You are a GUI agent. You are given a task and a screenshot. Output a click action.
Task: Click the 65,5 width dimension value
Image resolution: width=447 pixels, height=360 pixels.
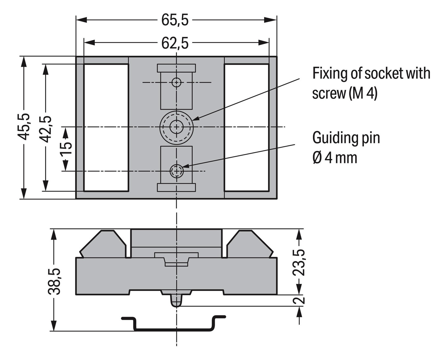click(175, 20)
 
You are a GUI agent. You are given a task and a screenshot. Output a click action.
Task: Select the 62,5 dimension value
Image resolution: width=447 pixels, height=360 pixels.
click(175, 43)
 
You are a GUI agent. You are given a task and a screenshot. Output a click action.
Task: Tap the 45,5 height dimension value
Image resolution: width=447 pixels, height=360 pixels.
click(24, 127)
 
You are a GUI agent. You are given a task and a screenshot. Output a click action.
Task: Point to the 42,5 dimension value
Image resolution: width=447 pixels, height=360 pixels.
click(46, 129)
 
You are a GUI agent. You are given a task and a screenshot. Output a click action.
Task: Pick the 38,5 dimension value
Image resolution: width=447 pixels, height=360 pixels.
click(55, 281)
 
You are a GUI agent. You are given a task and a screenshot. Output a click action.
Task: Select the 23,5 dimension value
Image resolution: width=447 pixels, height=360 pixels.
click(299, 262)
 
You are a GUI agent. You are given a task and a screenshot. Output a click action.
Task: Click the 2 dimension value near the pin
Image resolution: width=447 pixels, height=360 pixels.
click(299, 300)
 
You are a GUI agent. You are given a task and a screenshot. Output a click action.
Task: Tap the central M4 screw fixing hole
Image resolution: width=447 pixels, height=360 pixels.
click(176, 127)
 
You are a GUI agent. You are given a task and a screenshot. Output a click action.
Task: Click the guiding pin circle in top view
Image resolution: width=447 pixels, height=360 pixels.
click(176, 171)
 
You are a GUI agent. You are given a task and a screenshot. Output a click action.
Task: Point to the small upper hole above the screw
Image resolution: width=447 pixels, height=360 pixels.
click(176, 82)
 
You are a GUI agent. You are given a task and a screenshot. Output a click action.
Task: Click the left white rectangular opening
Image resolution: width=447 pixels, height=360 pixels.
click(106, 128)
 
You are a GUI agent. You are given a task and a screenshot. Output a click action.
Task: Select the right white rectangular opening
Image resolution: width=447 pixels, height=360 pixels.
click(247, 128)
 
